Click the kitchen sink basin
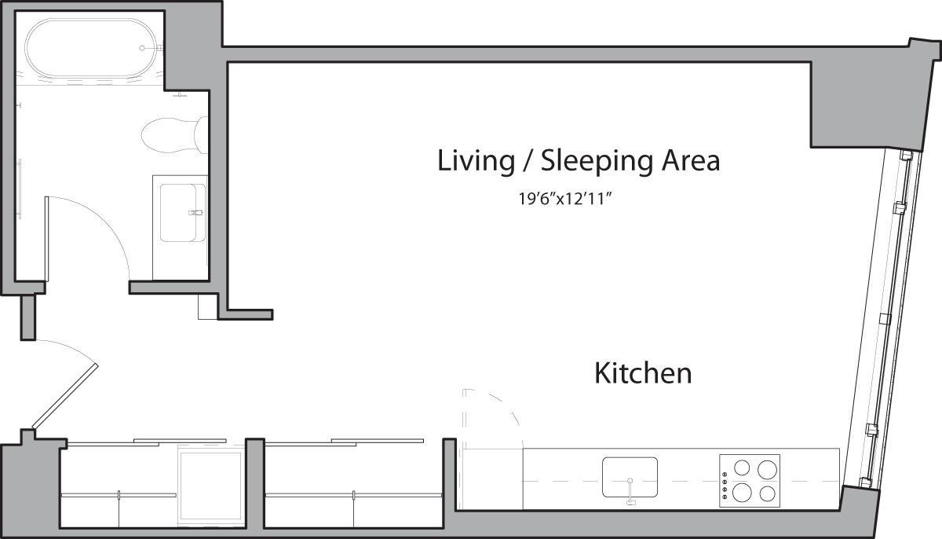(x=630, y=476)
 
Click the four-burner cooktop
(x=750, y=479)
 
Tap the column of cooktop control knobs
(x=724, y=481)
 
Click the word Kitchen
(x=643, y=372)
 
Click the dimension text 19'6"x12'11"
(x=564, y=199)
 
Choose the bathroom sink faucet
(x=195, y=213)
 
